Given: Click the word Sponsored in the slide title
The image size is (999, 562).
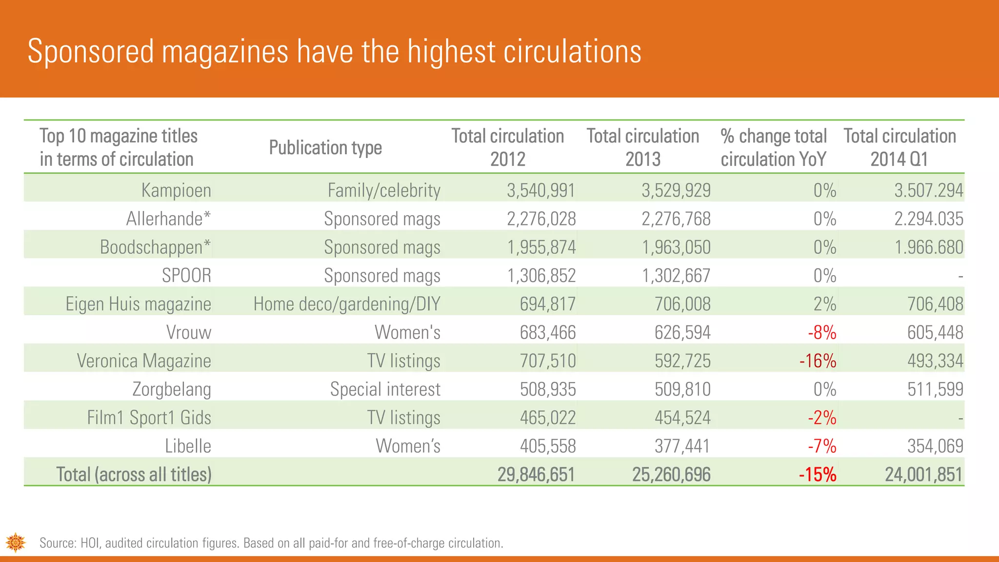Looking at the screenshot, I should coord(91,52).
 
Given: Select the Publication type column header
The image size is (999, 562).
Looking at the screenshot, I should coord(325,147).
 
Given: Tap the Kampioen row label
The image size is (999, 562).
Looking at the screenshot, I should coord(176,190).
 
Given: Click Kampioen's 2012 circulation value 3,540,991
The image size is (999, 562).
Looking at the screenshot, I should coord(541,190).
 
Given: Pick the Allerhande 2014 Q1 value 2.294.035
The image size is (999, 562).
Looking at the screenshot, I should coord(928,219).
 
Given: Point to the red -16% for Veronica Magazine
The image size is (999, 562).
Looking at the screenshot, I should coord(818,361).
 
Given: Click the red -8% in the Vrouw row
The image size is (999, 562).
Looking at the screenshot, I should coord(822,333).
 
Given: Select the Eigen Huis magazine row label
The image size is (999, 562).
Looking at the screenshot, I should coord(138,304).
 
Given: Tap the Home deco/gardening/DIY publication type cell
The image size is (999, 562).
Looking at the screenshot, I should coord(347,304).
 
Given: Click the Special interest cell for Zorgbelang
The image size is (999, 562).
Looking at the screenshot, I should coord(385,389).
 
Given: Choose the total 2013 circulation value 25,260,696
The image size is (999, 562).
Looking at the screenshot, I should coord(671,475).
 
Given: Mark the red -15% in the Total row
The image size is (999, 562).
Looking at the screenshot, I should coord(818,475).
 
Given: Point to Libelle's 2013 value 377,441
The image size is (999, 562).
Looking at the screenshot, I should coord(682,446).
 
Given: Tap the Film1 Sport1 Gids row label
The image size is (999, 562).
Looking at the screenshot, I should coord(149,418).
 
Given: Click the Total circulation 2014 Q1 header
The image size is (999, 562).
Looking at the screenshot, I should coord(899,147).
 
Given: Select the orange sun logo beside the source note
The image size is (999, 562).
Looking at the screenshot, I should coord(16,542).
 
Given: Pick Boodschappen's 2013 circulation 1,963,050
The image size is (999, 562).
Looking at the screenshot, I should coord(676,247).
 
